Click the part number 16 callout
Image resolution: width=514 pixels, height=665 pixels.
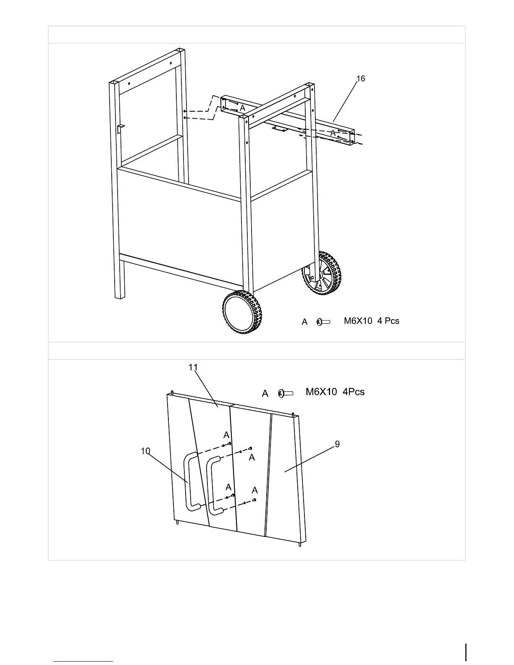pyautogui.click(x=361, y=79)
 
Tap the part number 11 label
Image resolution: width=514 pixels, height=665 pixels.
pyautogui.click(x=193, y=367)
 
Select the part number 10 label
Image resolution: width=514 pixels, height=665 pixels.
pyautogui.click(x=145, y=451)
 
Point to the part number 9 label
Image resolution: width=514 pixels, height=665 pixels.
pyautogui.click(x=337, y=444)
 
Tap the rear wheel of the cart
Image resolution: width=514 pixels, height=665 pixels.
pyautogui.click(x=322, y=273)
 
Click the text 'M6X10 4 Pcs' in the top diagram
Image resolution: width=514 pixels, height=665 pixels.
pyautogui.click(x=372, y=321)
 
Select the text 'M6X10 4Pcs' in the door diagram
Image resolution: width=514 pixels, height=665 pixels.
pyautogui.click(x=335, y=392)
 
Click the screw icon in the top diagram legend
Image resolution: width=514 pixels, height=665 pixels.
pyautogui.click(x=324, y=322)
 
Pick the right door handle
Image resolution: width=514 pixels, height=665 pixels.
pyautogui.click(x=213, y=485)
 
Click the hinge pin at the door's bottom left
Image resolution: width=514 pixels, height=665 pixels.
pyautogui.click(x=178, y=523)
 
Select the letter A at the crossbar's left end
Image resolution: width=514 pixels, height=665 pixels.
pyautogui.click(x=242, y=108)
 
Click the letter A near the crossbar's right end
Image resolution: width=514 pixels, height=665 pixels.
pyautogui.click(x=333, y=133)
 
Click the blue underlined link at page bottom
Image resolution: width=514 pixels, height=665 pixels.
pyautogui.click(x=83, y=661)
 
